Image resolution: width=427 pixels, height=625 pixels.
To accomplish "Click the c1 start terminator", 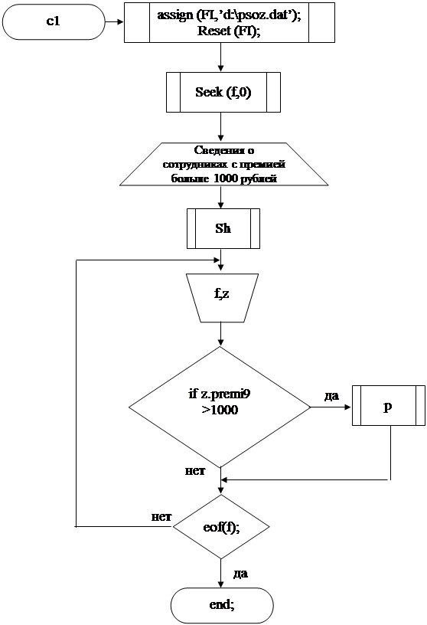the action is click(x=54, y=21).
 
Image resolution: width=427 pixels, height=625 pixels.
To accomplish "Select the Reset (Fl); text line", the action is click(x=229, y=31).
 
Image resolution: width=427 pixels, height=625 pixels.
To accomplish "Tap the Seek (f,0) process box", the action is click(x=223, y=92).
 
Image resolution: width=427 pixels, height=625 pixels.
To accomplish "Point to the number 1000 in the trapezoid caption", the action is click(x=226, y=178).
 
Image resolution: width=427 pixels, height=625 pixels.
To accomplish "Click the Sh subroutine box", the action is click(x=223, y=228).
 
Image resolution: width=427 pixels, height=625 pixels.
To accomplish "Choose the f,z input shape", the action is click(x=222, y=298).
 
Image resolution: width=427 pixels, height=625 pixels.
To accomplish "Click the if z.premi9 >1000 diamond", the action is click(x=220, y=407).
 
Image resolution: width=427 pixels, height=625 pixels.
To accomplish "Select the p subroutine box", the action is click(x=389, y=405).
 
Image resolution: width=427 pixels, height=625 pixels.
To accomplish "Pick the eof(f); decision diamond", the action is click(x=221, y=526).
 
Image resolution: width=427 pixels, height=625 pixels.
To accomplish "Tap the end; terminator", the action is click(x=222, y=605).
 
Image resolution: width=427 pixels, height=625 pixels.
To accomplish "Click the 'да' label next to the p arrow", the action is click(x=331, y=396).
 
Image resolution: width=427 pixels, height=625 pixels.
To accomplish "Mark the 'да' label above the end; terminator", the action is click(x=240, y=574).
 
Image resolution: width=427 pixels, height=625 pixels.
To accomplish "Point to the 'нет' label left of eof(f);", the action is click(x=161, y=517).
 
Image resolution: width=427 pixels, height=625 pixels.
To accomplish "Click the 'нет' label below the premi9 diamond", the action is click(x=195, y=471).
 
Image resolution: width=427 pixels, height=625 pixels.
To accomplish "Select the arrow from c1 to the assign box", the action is click(x=114, y=22).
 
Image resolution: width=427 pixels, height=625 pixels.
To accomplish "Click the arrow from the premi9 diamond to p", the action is click(x=331, y=407).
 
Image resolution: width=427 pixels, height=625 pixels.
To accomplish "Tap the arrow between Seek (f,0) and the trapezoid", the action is click(x=220, y=128).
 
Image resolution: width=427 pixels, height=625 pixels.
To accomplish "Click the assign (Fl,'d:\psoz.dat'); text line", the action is click(x=229, y=15).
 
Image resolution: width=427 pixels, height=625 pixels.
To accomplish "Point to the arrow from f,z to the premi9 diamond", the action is click(x=220, y=334).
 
